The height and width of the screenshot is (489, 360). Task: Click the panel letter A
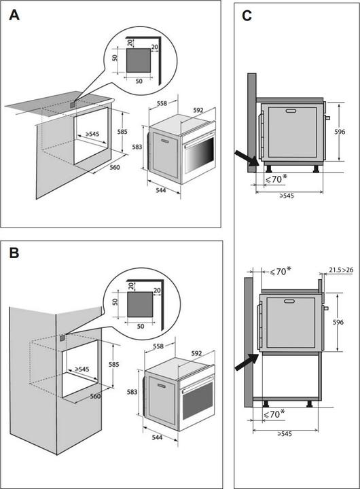(14, 15)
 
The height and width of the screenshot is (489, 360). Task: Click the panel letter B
(14, 253)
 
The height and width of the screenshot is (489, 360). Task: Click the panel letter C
(247, 16)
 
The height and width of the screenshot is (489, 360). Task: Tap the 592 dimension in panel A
(198, 110)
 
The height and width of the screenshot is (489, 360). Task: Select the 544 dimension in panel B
(157, 437)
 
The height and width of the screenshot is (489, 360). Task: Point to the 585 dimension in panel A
(122, 132)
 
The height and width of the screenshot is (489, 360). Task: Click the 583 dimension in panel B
(132, 392)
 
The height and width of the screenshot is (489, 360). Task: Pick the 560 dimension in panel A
(115, 168)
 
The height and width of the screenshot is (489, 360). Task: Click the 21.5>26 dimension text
(341, 270)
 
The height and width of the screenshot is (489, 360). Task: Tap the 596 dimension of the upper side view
(340, 132)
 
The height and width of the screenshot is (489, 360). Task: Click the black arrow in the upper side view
(247, 158)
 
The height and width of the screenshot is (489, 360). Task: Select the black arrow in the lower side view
(247, 363)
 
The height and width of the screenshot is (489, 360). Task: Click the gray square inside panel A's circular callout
(139, 60)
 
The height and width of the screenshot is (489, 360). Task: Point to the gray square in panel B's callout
(140, 304)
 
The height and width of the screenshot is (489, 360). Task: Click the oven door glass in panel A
(200, 155)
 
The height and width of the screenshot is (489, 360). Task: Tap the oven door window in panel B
(198, 401)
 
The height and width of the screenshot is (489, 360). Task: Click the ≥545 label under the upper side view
(287, 196)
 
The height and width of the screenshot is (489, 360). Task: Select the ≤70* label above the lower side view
(281, 271)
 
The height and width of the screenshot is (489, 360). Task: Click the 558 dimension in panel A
(162, 103)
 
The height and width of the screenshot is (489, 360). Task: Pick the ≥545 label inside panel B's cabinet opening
(82, 369)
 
